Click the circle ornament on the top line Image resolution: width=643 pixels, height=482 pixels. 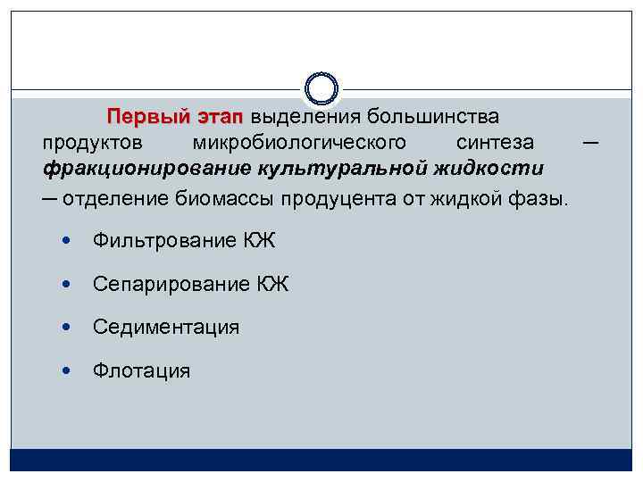[321, 87]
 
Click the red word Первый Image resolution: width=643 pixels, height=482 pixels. [147, 117]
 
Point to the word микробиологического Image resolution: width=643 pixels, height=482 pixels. [299, 143]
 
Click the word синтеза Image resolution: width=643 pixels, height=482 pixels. [495, 143]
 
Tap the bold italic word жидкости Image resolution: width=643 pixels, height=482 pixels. [496, 168]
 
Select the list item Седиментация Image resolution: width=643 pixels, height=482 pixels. [165, 327]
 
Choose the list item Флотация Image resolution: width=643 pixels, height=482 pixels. [141, 370]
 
